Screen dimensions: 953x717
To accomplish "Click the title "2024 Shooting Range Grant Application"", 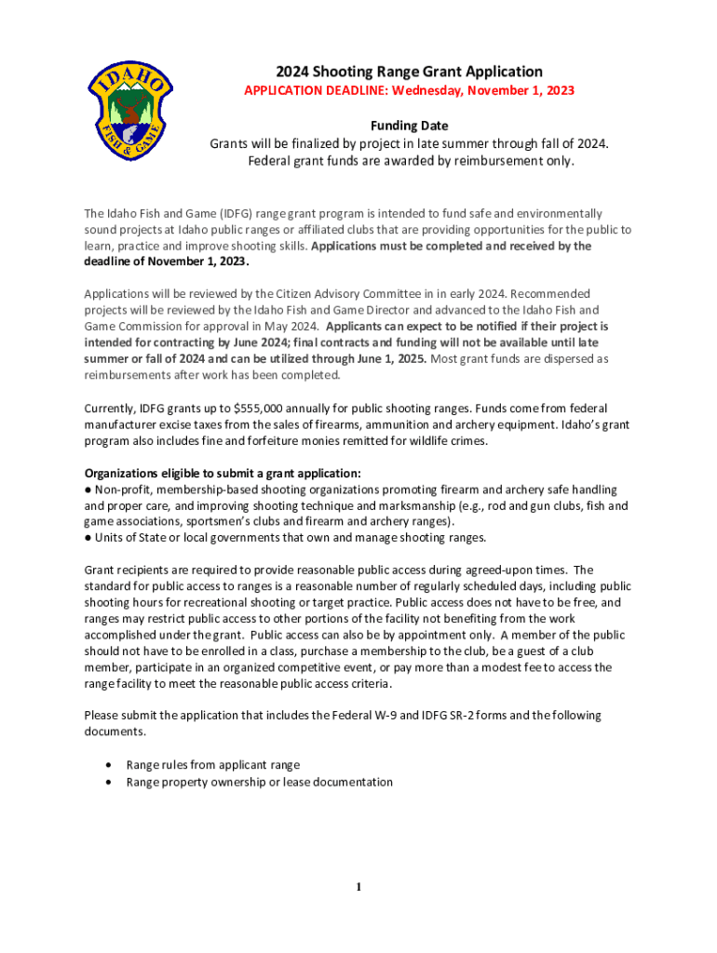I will pyautogui.click(x=409, y=72).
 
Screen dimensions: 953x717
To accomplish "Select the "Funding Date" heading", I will pyautogui.click(x=409, y=126).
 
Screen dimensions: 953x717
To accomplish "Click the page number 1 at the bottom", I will pyautogui.click(x=358, y=887).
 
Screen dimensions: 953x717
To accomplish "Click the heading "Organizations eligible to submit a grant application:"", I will pyautogui.click(x=223, y=473).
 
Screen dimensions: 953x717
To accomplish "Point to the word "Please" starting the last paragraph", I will pyautogui.click(x=101, y=716).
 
